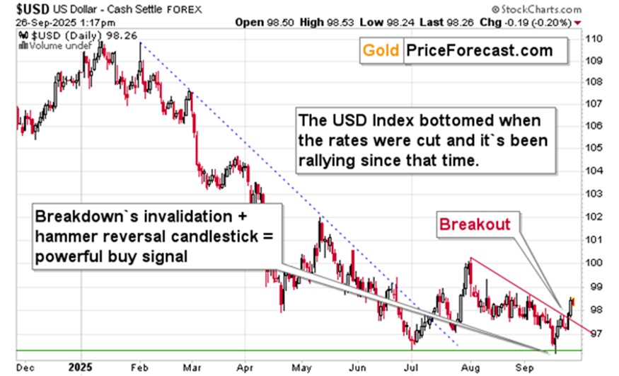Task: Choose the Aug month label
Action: (470, 366)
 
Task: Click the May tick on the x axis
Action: (303, 366)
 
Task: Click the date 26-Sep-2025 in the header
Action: (35, 23)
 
